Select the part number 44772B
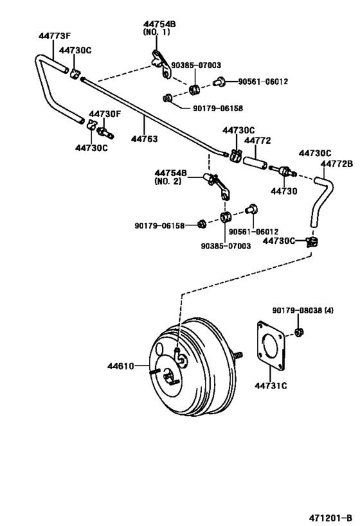pyautogui.click(x=337, y=164)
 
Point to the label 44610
pyautogui.click(x=121, y=366)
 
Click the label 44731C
pyautogui.click(x=271, y=385)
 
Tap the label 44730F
pyautogui.click(x=105, y=114)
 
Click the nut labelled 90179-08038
pyautogui.click(x=298, y=331)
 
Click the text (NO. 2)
pyautogui.click(x=168, y=181)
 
